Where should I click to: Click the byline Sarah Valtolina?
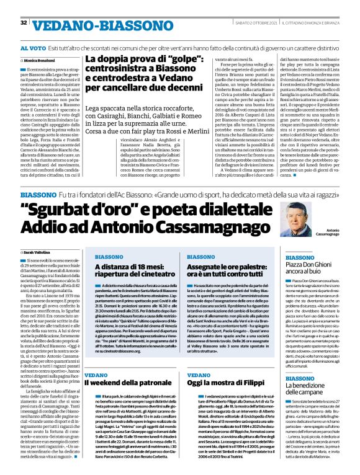pos(37,252)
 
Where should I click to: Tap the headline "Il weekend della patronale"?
pos(122,368)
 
